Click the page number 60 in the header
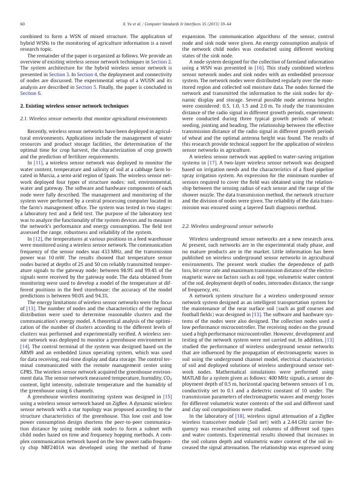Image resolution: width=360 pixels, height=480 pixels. click(22, 24)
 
